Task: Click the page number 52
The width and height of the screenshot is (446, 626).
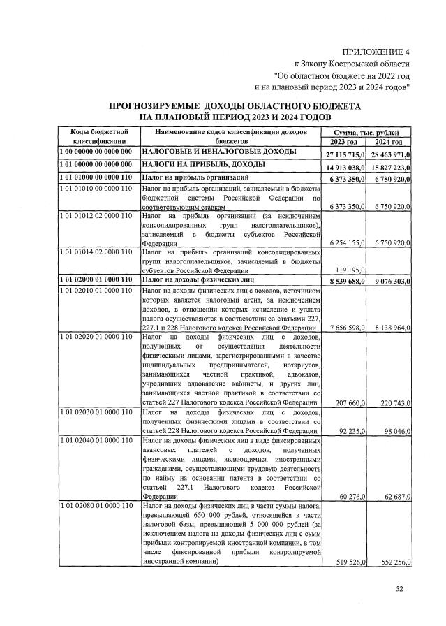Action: (400, 589)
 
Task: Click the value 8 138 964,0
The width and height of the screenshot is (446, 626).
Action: (391, 326)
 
